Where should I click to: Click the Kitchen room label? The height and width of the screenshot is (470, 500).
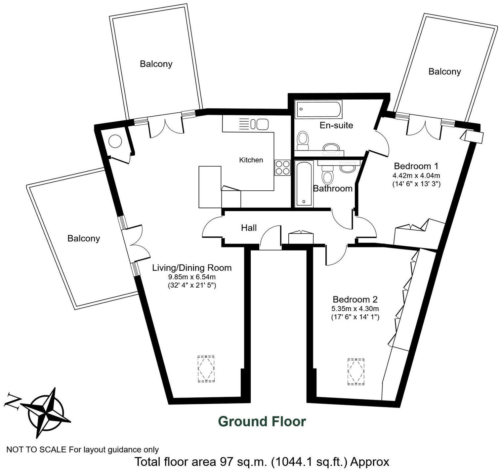251,160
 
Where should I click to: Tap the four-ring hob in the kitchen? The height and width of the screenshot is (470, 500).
282,167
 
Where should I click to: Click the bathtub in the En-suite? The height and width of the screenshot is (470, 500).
319,109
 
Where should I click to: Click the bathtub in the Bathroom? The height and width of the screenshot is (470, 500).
304,184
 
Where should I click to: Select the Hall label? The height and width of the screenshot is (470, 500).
249,228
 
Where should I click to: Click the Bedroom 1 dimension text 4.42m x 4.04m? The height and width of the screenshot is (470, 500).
416,176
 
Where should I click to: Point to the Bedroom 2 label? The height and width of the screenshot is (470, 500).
355,300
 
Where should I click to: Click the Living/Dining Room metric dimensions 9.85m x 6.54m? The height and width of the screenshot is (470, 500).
192,277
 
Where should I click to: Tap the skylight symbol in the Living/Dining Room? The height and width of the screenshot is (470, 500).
206,369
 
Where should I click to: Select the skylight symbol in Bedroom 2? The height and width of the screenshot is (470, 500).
356,371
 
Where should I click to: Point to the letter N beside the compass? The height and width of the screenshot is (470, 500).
12,401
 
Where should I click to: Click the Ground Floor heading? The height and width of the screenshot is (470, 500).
262,421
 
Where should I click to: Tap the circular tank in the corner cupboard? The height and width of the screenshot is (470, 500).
115,141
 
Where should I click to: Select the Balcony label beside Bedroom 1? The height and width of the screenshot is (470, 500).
444,71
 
